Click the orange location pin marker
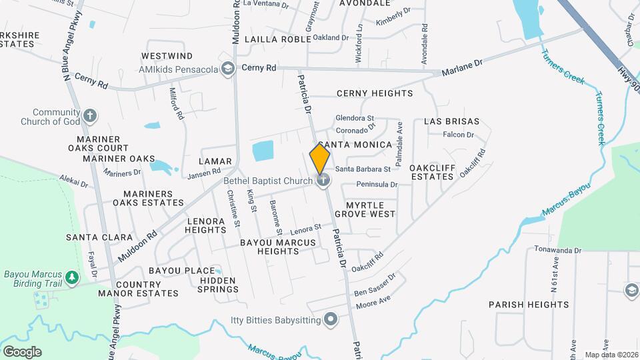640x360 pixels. (320, 159)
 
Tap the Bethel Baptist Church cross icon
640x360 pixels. (323, 179)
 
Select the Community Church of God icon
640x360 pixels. (91, 117)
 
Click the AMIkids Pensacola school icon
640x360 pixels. (228, 69)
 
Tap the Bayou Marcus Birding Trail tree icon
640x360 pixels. (72, 277)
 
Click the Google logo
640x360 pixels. (22, 351)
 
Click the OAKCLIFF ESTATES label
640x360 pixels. (431, 172)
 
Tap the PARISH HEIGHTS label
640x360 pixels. (529, 305)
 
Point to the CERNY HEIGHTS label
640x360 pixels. (375, 93)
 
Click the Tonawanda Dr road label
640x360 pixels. (557, 250)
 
